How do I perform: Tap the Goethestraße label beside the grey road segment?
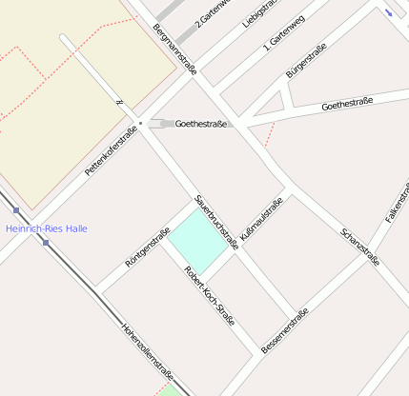(200, 124)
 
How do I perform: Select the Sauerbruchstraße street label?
(215, 221)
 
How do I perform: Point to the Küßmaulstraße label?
(261, 219)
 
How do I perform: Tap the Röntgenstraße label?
(148, 247)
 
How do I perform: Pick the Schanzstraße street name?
(360, 247)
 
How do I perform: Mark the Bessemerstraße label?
(284, 331)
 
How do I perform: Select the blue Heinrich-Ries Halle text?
(47, 228)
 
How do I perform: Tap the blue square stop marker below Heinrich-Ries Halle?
(46, 243)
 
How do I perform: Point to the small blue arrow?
(389, 11)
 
